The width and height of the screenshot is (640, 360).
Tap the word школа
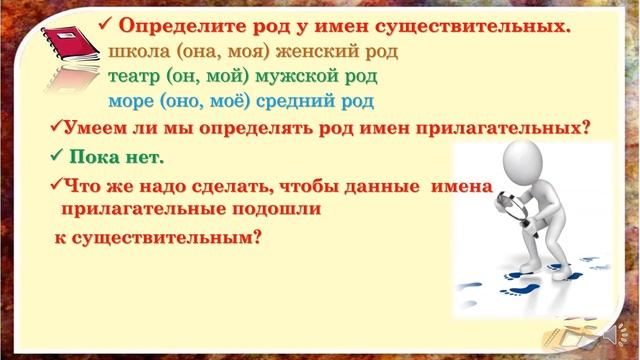click(x=140, y=53)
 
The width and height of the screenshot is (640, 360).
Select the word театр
click(x=136, y=76)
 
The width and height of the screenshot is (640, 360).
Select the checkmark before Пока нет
click(x=56, y=157)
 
